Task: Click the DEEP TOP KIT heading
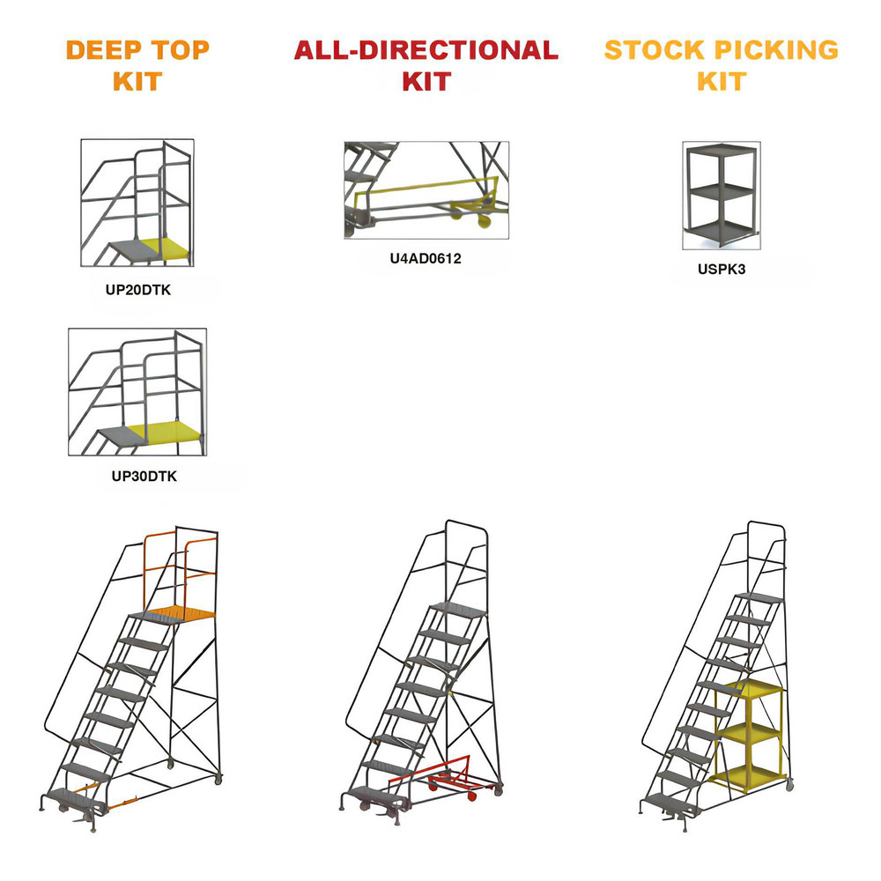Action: pyautogui.click(x=137, y=65)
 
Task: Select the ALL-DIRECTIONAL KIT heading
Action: pyautogui.click(x=426, y=65)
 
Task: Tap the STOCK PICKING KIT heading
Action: pyautogui.click(x=721, y=65)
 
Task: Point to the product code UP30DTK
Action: pyautogui.click(x=137, y=476)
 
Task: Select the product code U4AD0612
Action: pyautogui.click(x=426, y=259)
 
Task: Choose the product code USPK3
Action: pyautogui.click(x=721, y=270)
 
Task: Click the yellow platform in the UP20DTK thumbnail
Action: pyautogui.click(x=167, y=249)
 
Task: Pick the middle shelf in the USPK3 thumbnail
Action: pyautogui.click(x=722, y=189)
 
